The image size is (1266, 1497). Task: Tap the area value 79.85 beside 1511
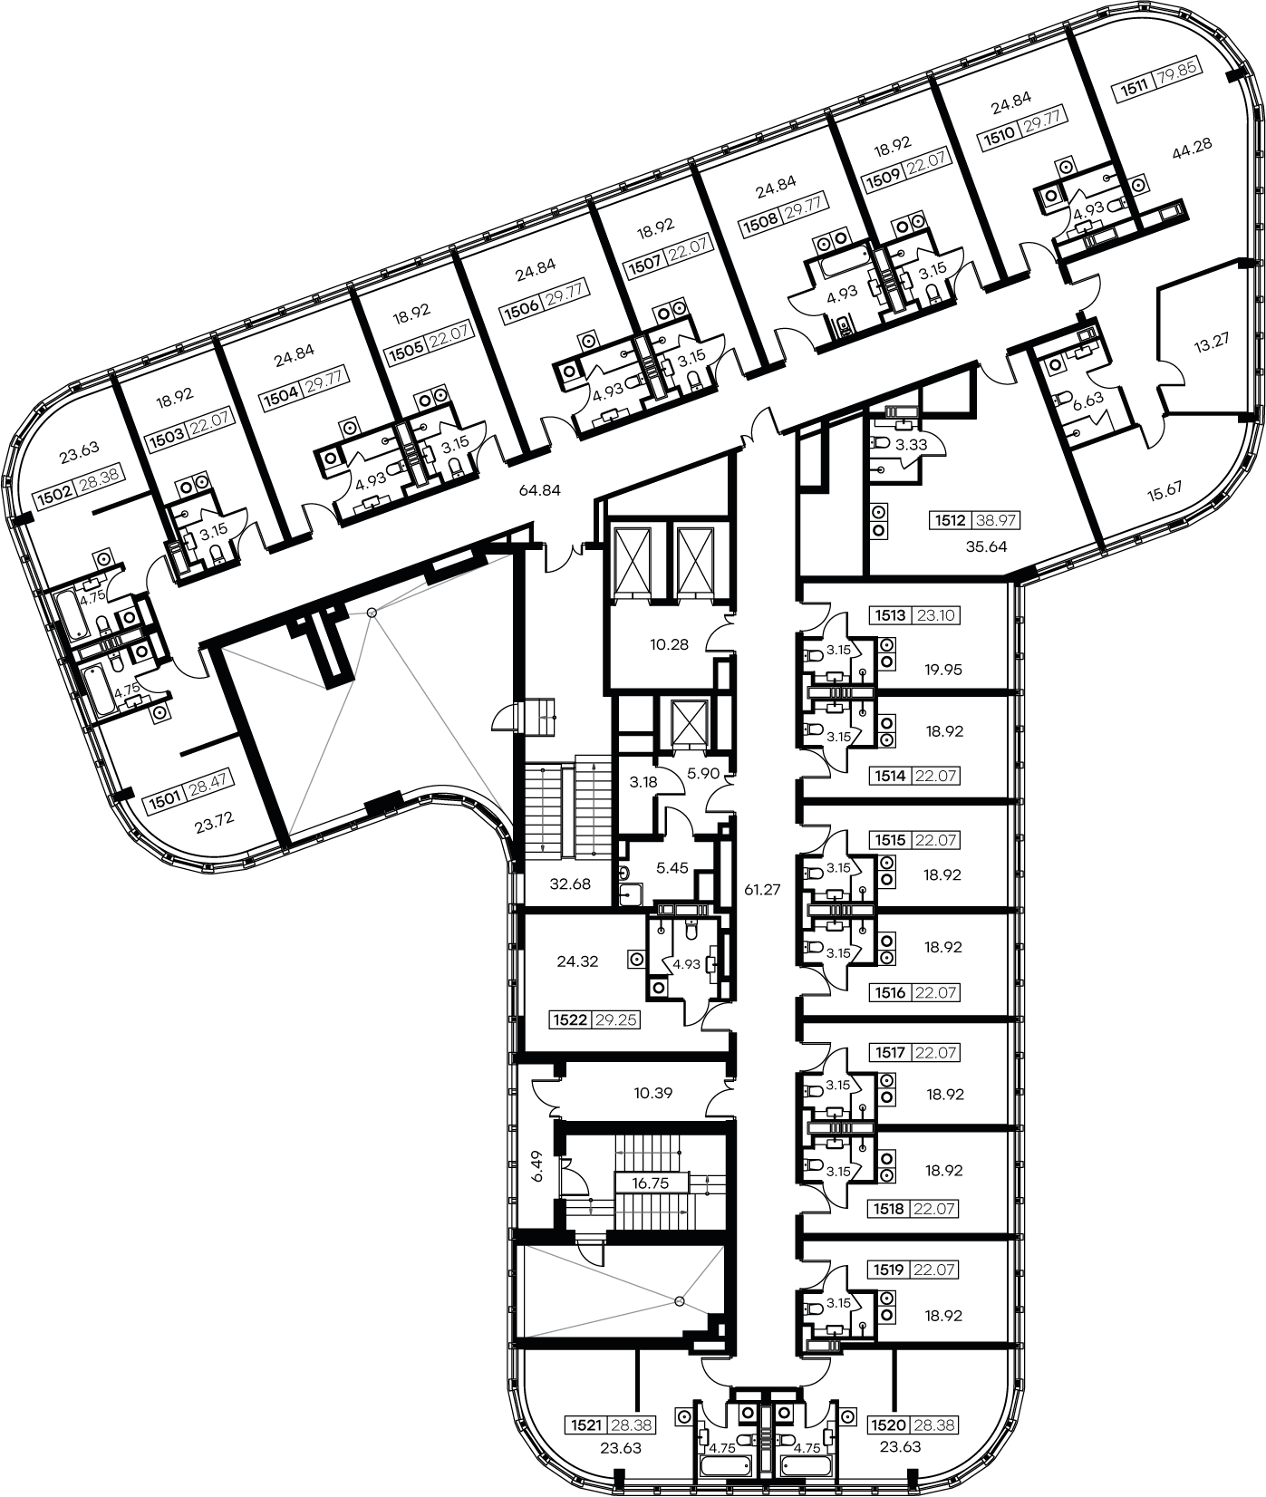1170,83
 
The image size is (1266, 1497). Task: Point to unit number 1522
571,1019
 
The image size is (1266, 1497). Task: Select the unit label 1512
952,521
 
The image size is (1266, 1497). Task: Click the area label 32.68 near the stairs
571,884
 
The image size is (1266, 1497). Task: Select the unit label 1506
523,308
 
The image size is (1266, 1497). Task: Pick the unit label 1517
889,1053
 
